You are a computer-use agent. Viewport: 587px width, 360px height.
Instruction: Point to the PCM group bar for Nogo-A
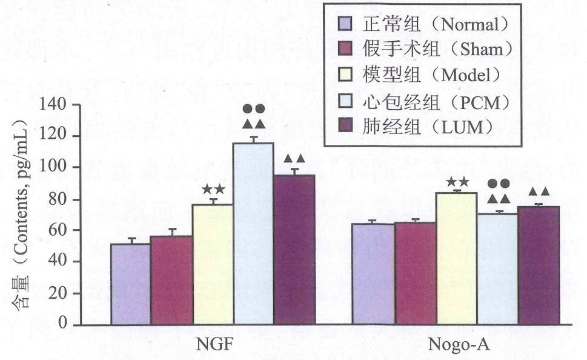[497, 269]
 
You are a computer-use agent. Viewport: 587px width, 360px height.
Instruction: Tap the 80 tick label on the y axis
[56, 199]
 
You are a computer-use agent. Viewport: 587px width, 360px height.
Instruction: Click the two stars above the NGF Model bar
[214, 190]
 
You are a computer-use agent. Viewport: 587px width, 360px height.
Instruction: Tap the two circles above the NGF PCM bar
[253, 109]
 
